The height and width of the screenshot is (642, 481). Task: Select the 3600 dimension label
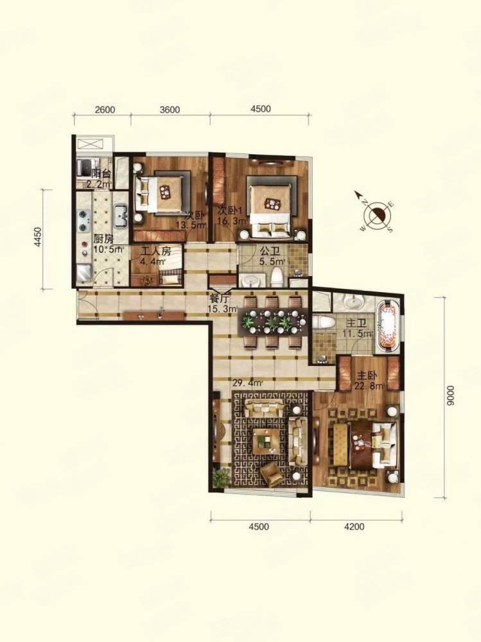click(x=170, y=110)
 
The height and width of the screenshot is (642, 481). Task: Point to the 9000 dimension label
click(x=450, y=396)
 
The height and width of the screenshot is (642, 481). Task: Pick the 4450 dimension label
click(x=38, y=237)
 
